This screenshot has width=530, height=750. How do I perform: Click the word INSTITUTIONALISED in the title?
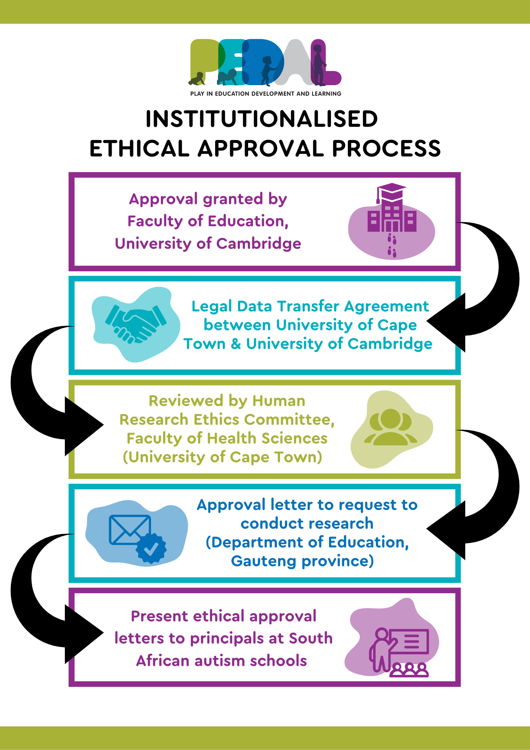pyautogui.click(x=262, y=119)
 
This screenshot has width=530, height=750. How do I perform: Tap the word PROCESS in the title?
pyautogui.click(x=386, y=148)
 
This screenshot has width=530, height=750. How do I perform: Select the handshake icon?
pyautogui.click(x=136, y=324)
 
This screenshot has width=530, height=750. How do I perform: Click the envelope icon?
pyautogui.click(x=130, y=529)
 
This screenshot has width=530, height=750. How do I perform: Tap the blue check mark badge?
pyautogui.click(x=151, y=549)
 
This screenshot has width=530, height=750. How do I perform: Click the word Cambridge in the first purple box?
pyautogui.click(x=259, y=244)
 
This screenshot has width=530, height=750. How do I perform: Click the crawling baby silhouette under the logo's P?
pyautogui.click(x=197, y=78)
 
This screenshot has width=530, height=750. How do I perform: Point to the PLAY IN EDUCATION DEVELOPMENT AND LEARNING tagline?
pyautogui.click(x=266, y=94)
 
